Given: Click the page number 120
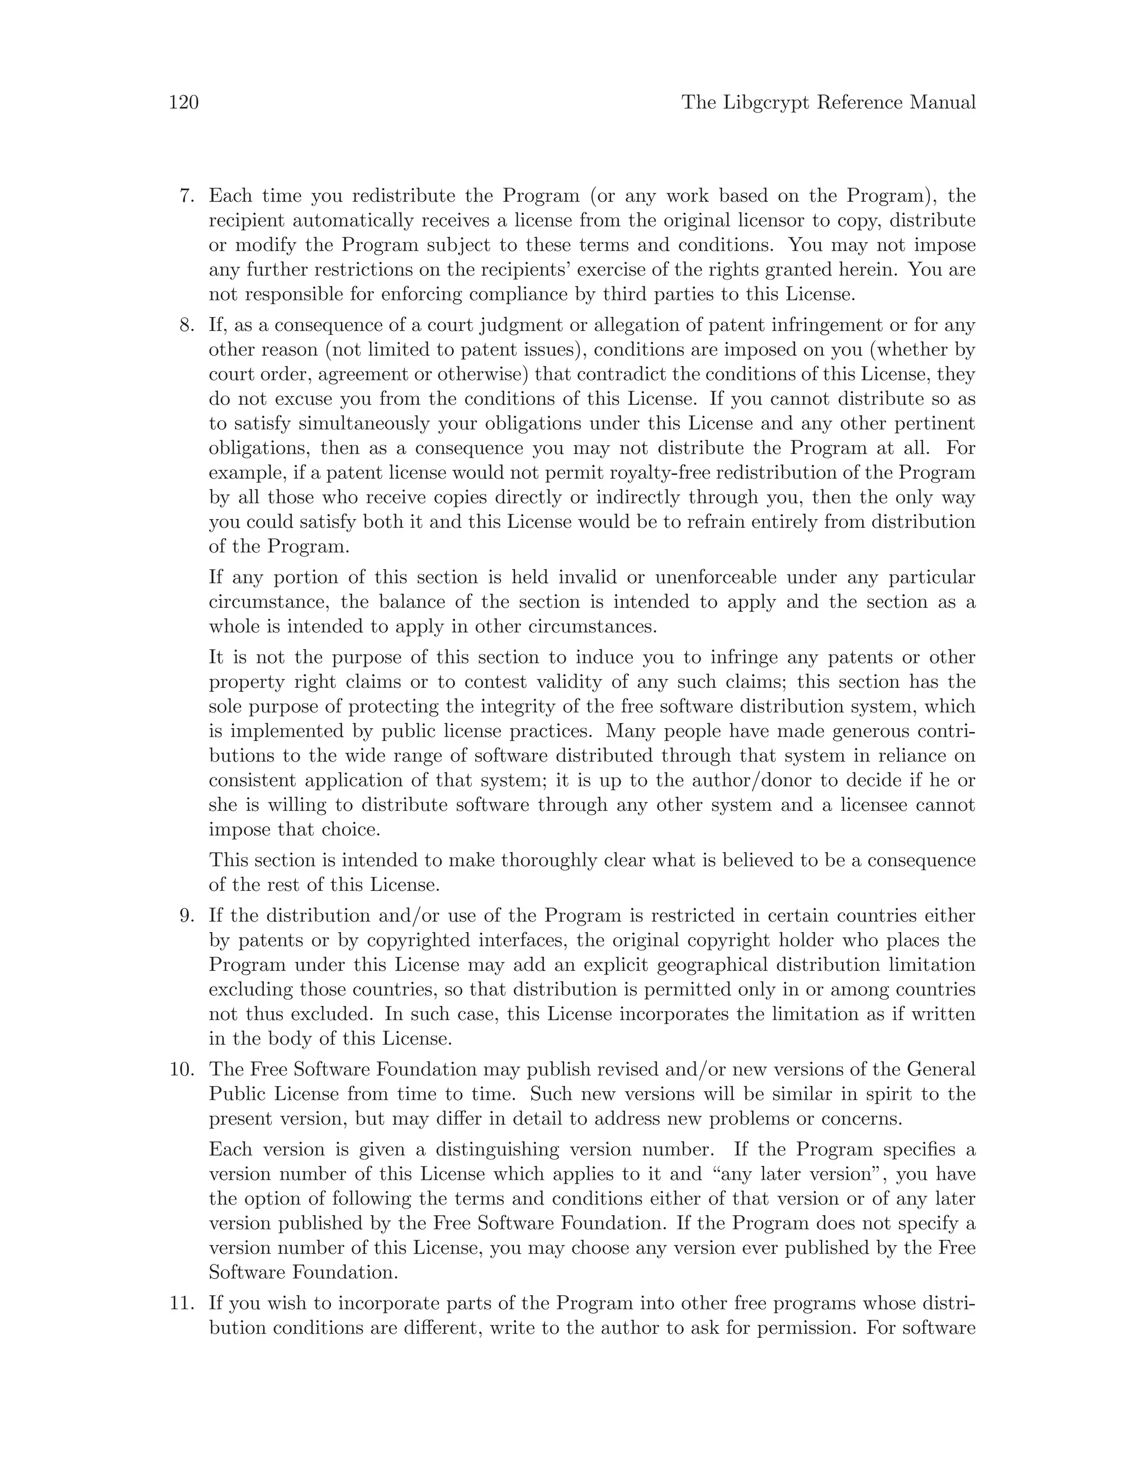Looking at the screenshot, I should pos(183,102).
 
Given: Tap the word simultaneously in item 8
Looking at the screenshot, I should pos(365,424).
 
